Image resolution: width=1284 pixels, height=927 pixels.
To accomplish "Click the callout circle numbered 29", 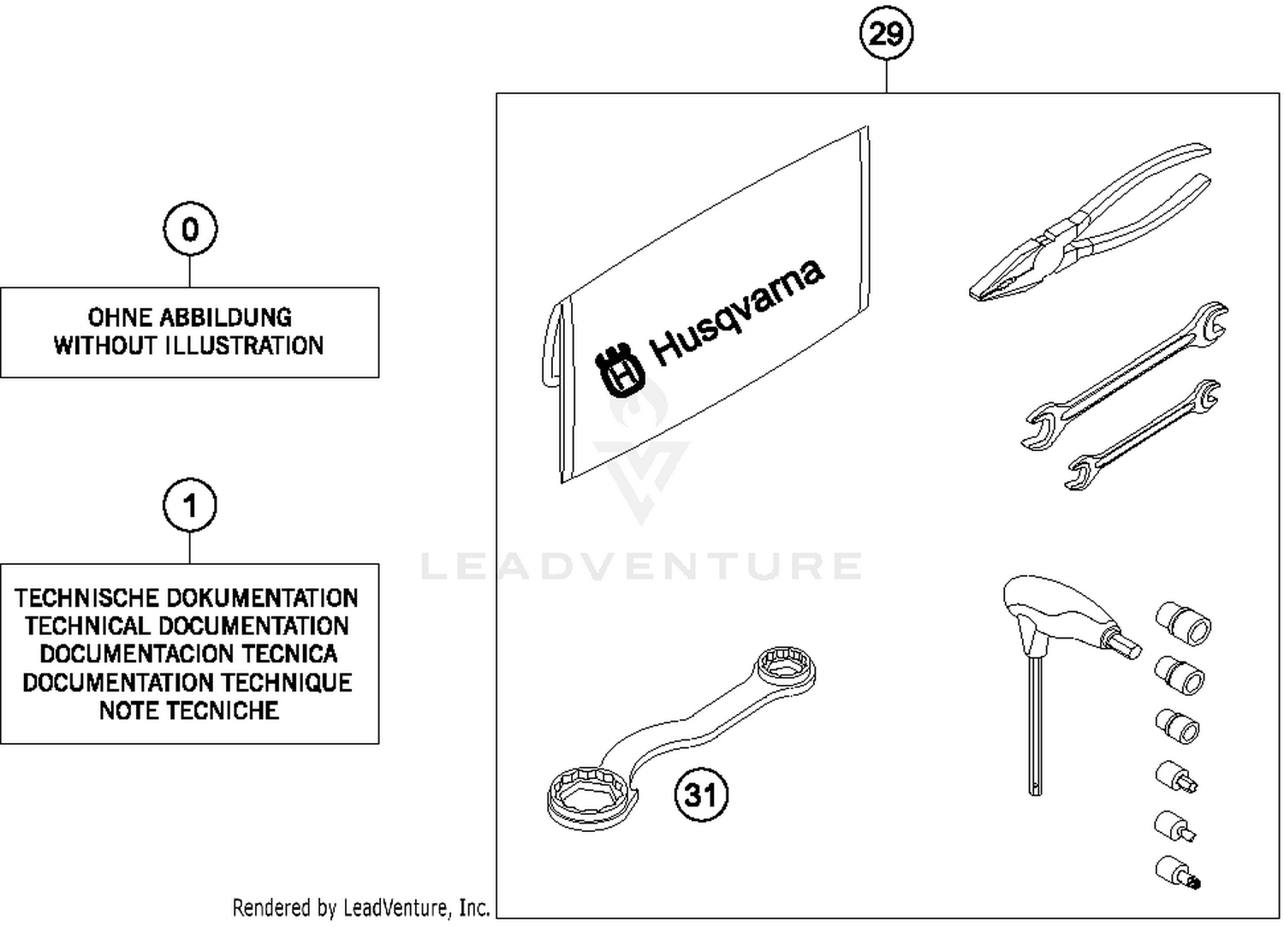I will click(886, 34).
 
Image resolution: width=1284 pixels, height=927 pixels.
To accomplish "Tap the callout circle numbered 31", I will click(701, 794).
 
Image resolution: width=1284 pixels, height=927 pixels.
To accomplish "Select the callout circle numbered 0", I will click(190, 229).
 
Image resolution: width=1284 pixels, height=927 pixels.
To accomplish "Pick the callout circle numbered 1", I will click(190, 505).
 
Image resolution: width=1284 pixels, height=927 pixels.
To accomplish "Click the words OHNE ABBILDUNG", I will click(189, 318).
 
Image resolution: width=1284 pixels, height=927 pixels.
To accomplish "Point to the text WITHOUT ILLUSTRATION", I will click(189, 346).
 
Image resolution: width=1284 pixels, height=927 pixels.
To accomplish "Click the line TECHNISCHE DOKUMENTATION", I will click(187, 597).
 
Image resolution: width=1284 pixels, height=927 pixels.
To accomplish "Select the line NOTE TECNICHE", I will click(189, 710).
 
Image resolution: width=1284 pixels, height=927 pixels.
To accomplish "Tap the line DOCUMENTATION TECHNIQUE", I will click(187, 682).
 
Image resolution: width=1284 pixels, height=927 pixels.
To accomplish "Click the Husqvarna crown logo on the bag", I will click(620, 372).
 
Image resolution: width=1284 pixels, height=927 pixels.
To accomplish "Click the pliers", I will click(1087, 227).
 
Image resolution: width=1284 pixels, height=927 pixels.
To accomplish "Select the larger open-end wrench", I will click(1126, 375).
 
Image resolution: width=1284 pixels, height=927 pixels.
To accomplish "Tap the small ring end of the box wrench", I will click(786, 667).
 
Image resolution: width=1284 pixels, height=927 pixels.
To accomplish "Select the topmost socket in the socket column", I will click(1184, 622).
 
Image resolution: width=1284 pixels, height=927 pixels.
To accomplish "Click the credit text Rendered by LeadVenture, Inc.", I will click(360, 907).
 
